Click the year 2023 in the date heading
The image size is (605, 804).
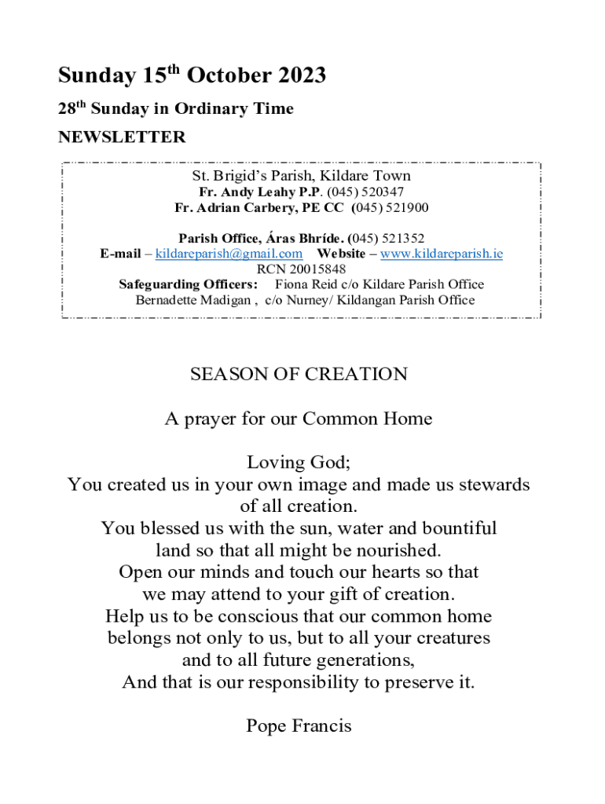[x=301, y=76]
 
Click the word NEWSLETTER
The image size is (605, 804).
[x=122, y=137]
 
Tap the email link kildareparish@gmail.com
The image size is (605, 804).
[x=229, y=254]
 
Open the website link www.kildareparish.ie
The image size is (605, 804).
[x=442, y=254]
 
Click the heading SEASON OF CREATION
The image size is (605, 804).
[x=299, y=374]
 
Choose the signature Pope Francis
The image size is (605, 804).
[x=299, y=725]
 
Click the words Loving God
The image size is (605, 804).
[x=299, y=462]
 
